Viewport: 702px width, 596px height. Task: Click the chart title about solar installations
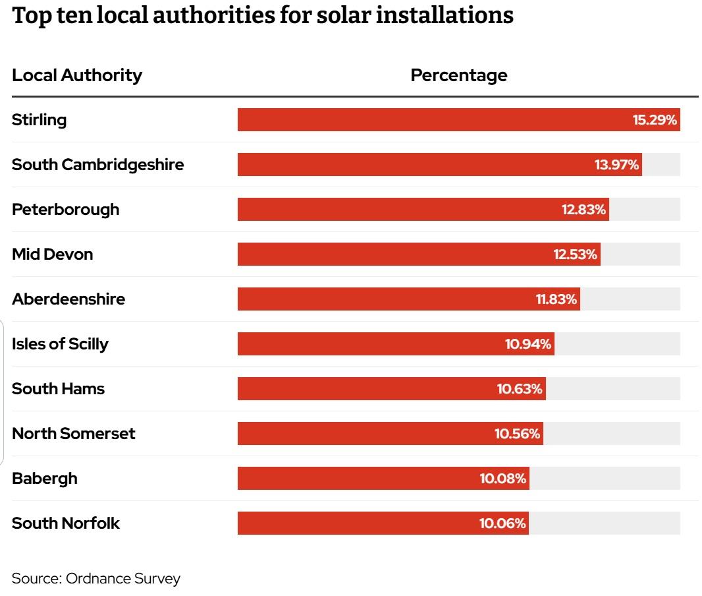click(x=263, y=16)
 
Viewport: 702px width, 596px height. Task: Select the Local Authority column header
click(x=77, y=75)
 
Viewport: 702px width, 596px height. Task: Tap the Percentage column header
click(x=458, y=75)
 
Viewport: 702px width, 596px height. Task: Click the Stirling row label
click(x=40, y=120)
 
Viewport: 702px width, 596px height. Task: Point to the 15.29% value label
click(x=655, y=120)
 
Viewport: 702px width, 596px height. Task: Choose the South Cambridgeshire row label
click(x=97, y=165)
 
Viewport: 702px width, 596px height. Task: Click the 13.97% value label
click(x=616, y=165)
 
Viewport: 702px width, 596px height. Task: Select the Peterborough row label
click(x=66, y=210)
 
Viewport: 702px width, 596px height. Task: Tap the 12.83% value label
click(x=583, y=210)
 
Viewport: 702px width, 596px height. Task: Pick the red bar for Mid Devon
click(x=395, y=254)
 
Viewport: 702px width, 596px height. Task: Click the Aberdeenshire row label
click(x=68, y=299)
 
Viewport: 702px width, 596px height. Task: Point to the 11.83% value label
click(x=556, y=299)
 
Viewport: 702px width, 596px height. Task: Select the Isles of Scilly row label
click(x=60, y=344)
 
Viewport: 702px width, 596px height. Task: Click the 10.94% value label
click(x=528, y=344)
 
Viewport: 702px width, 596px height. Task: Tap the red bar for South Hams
click(x=369, y=389)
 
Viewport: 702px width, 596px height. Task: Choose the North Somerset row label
click(x=73, y=434)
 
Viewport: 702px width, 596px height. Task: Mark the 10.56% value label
click(x=517, y=434)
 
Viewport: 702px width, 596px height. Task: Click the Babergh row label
click(x=45, y=479)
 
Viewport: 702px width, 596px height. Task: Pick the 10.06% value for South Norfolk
click(x=502, y=523)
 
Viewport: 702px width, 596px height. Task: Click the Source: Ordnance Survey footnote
click(x=95, y=579)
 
